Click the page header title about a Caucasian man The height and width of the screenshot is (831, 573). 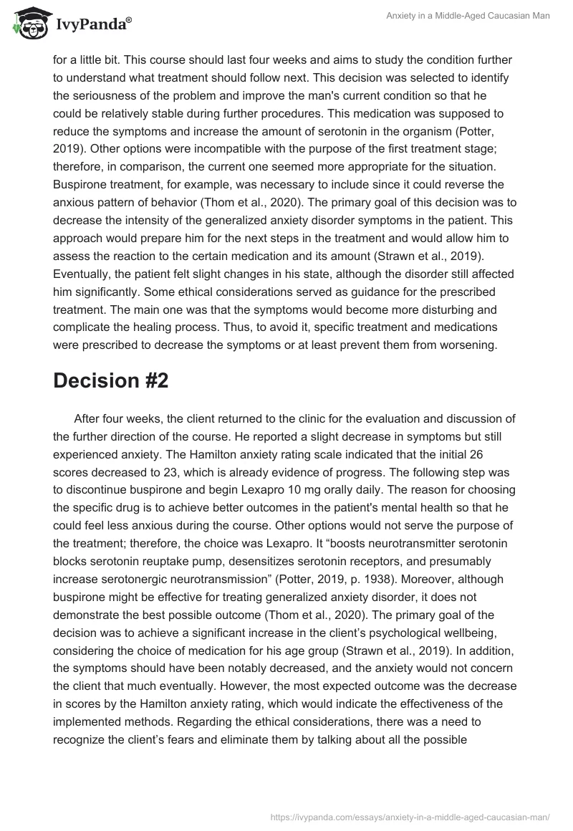point(478,16)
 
